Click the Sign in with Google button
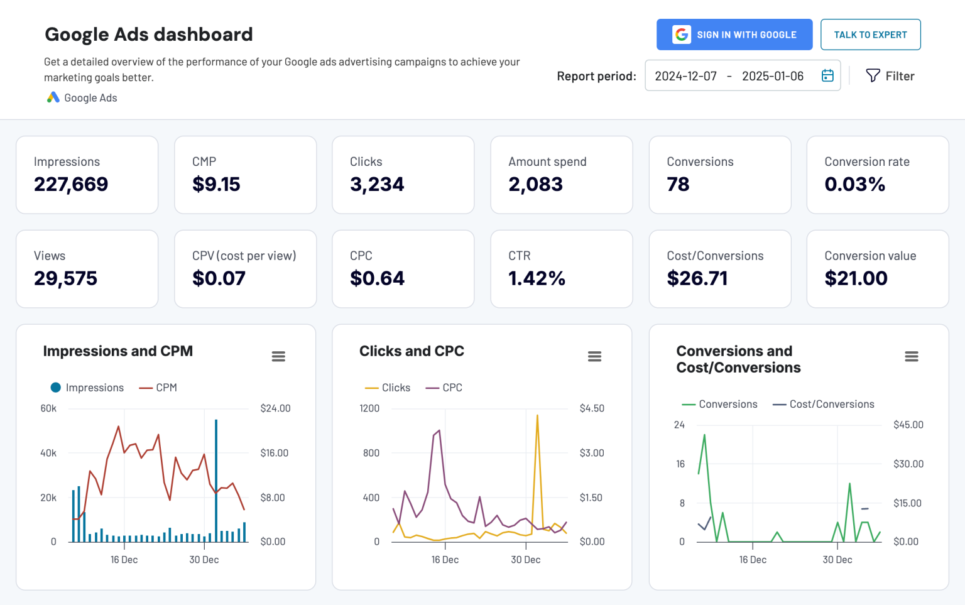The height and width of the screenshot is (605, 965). [x=734, y=35]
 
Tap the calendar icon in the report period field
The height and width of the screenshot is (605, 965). [x=827, y=75]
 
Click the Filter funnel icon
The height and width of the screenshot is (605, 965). [x=873, y=75]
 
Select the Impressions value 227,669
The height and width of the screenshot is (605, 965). [x=71, y=184]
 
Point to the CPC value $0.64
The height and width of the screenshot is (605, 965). [x=377, y=278]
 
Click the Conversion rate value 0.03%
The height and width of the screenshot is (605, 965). [x=854, y=184]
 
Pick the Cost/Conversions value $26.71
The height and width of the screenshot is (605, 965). [x=697, y=278]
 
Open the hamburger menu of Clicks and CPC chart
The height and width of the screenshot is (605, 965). [x=594, y=357]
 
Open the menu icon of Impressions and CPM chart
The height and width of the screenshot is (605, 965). [x=278, y=357]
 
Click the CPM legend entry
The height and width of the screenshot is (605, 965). [x=158, y=388]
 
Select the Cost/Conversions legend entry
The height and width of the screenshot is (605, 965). [x=824, y=404]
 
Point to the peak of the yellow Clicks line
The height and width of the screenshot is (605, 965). [x=537, y=416]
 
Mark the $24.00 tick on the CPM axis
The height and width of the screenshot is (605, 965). [x=275, y=408]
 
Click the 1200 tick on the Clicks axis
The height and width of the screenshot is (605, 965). [x=369, y=408]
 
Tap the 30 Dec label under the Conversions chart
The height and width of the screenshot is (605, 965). [x=837, y=560]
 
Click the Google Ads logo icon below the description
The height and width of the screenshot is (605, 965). [x=53, y=97]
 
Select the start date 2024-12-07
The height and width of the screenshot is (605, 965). [x=685, y=76]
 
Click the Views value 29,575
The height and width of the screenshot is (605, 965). [x=65, y=278]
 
